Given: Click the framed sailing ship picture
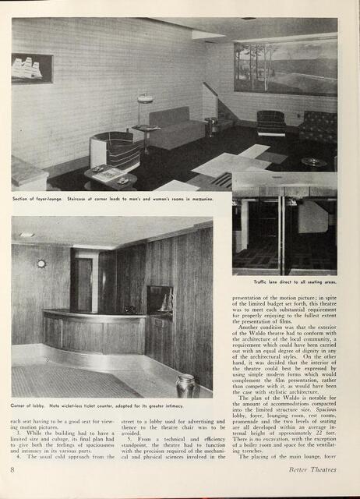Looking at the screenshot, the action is point(32,68).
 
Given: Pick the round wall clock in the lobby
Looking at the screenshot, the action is point(41,264).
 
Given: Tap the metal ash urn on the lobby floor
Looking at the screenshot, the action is point(185,385).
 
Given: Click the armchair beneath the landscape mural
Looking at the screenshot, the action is point(270,123).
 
